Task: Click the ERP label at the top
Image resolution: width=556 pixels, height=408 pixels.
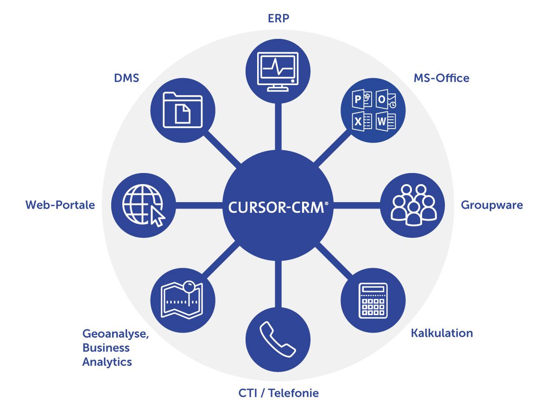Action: click(x=278, y=19)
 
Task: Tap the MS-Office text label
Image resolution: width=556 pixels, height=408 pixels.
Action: click(x=441, y=78)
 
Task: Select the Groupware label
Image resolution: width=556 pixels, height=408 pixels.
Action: click(x=492, y=205)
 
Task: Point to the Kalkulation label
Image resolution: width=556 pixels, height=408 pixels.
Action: click(x=442, y=333)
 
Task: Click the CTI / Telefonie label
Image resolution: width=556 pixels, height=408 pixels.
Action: click(x=278, y=393)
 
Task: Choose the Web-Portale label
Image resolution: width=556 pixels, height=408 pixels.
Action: click(x=60, y=205)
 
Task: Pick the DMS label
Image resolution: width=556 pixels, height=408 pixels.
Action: click(x=126, y=78)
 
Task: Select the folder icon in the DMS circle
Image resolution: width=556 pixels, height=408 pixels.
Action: click(x=183, y=110)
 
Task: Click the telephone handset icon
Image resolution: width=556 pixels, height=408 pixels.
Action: click(x=278, y=339)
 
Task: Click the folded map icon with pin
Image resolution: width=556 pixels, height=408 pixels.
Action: click(x=183, y=300)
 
